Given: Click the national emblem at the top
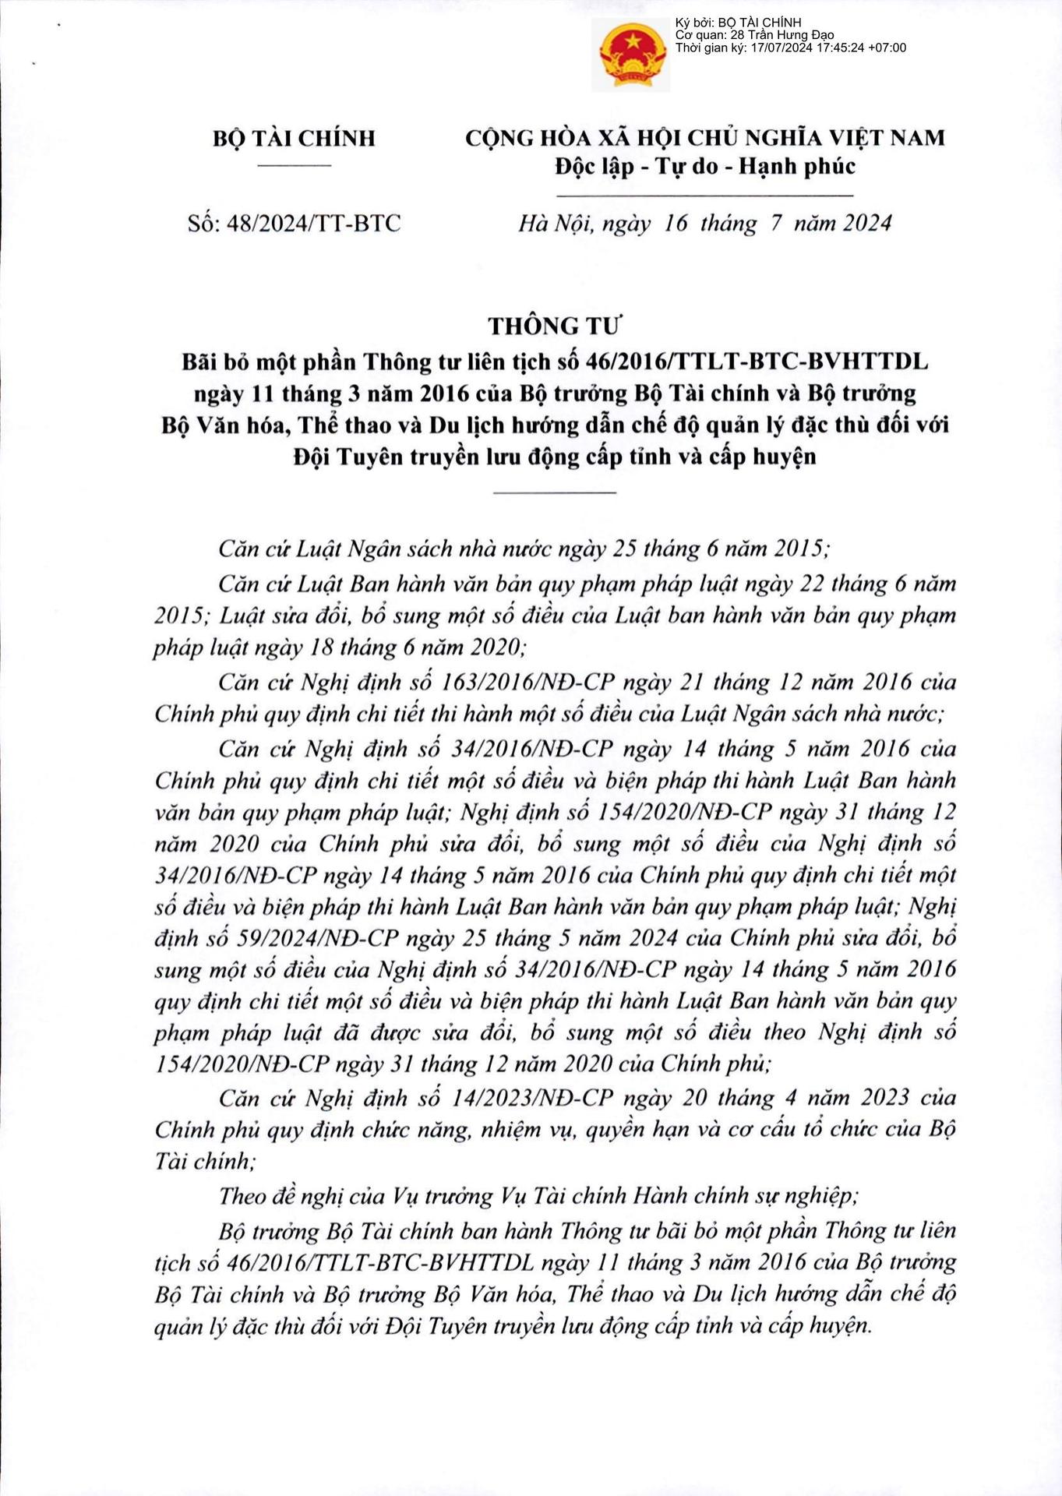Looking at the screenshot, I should [630, 57].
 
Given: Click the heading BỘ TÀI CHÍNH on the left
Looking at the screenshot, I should [294, 139].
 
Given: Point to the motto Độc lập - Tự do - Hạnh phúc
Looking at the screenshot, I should [704, 166].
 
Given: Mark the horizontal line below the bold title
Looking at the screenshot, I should [555, 492].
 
